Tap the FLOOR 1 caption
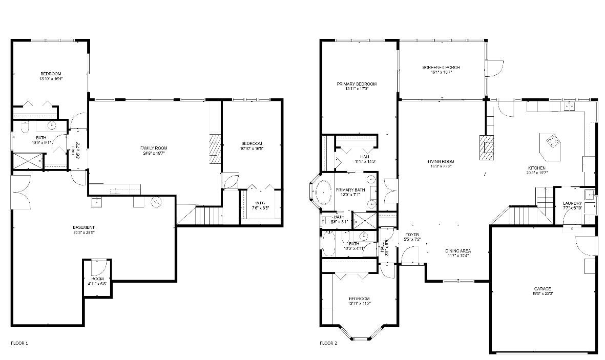coord(19,343)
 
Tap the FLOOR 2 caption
coord(328,343)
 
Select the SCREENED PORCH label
coord(441,67)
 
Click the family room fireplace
coord(215,149)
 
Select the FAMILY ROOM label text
coord(154,148)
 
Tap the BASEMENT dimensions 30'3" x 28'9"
coord(84,232)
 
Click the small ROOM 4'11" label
coord(97,279)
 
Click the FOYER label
coord(412,235)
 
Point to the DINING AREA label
coord(457,251)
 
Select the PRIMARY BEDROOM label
coord(357,84)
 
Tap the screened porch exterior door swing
coord(495,69)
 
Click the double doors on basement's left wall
coord(21,192)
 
